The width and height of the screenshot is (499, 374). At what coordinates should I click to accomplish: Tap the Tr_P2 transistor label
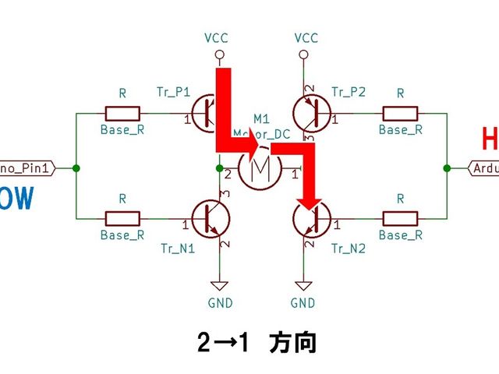coord(349,92)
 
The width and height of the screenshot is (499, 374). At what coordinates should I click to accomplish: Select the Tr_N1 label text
coord(177,249)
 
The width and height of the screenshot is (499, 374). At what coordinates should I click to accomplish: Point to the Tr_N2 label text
coord(349,249)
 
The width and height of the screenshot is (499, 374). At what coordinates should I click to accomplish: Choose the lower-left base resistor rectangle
coord(122,218)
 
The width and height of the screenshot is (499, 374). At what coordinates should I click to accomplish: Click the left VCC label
coord(218,37)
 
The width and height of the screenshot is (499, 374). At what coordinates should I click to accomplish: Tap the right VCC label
coord(306,37)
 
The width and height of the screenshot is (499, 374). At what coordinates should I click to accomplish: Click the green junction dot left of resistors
coord(76,168)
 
